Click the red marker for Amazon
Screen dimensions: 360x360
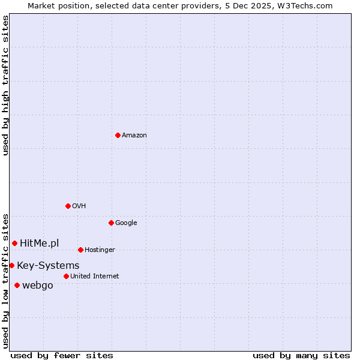pyautogui.click(x=118, y=135)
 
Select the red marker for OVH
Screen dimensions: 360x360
pyautogui.click(x=68, y=206)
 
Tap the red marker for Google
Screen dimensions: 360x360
pyautogui.click(x=111, y=223)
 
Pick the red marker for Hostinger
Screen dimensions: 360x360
pyautogui.click(x=80, y=250)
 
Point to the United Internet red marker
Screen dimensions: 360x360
pyautogui.click(x=66, y=276)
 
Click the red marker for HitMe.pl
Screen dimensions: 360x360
pyautogui.click(x=14, y=243)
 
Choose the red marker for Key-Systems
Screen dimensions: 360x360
pyautogui.click(x=11, y=265)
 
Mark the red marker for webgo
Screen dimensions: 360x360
pyautogui.click(x=17, y=285)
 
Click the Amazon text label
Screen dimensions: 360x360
pyautogui.click(x=134, y=136)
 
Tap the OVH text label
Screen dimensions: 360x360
pyautogui.click(x=79, y=206)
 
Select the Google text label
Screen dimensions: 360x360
pyautogui.click(x=126, y=223)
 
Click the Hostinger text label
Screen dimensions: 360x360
pyautogui.click(x=100, y=250)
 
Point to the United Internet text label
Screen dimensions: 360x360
pyautogui.click(x=95, y=277)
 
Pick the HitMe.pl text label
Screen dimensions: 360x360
pyautogui.click(x=40, y=243)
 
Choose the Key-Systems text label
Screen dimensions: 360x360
pyautogui.click(x=48, y=265)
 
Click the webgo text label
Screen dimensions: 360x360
pyautogui.click(x=38, y=285)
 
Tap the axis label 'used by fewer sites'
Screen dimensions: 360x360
pyautogui.click(x=62, y=355)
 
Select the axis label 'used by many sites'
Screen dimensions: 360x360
pyautogui.click(x=301, y=355)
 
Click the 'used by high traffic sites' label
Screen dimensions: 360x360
pyautogui.click(x=6, y=85)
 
